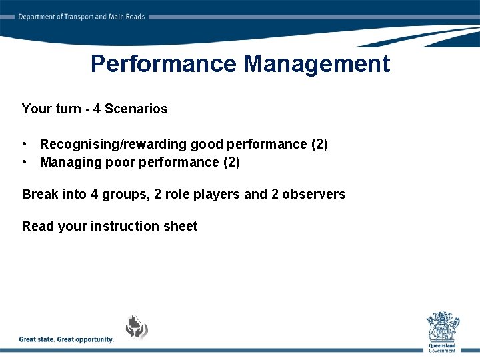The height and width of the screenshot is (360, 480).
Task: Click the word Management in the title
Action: click(x=317, y=64)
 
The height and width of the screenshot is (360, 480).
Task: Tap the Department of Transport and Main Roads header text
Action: click(x=81, y=17)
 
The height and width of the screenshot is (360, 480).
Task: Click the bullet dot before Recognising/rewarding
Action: click(x=25, y=144)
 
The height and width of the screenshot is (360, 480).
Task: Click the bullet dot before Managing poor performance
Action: click(x=25, y=162)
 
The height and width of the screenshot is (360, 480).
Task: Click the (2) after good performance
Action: click(x=319, y=144)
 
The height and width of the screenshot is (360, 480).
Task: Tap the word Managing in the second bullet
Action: click(x=67, y=162)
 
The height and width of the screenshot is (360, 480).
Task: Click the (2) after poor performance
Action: click(x=231, y=162)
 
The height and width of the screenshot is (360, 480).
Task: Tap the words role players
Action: click(x=203, y=194)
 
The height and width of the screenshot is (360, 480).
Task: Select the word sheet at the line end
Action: click(x=181, y=226)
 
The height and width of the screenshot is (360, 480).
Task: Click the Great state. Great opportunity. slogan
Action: click(x=67, y=339)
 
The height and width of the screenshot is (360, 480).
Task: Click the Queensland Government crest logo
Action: click(x=442, y=329)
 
